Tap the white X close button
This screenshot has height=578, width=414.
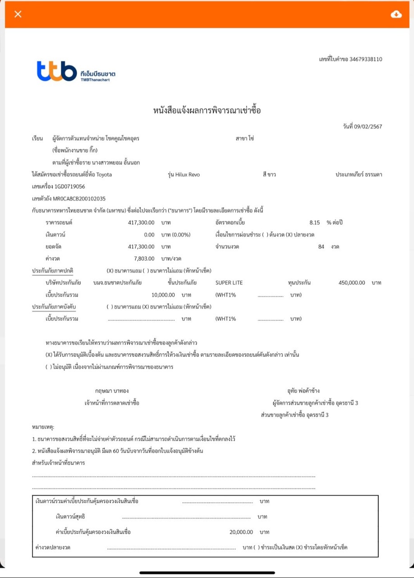18,14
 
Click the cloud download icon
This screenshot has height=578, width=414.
396,14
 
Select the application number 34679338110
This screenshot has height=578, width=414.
364,59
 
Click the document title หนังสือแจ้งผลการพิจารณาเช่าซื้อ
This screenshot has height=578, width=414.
207,111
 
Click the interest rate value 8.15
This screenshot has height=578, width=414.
314,223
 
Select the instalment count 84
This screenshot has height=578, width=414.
321,247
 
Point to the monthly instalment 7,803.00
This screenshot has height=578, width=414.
144,258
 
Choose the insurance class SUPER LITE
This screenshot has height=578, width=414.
229,283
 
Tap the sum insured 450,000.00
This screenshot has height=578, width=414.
351,283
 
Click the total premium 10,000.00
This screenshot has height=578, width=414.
163,295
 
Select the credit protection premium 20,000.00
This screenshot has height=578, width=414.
241,532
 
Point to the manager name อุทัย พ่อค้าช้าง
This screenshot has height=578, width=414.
300,391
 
